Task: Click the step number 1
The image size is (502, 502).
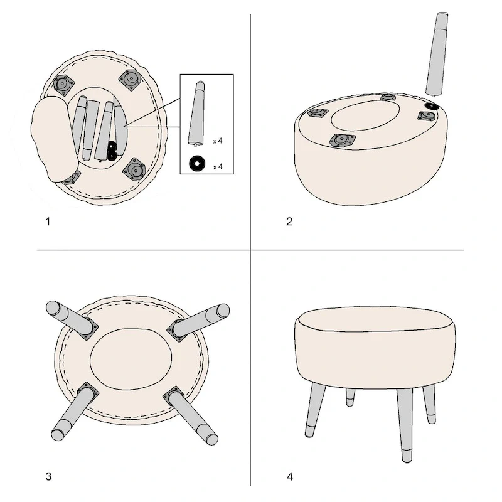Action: tap(48, 222)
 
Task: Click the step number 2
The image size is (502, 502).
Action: tap(289, 222)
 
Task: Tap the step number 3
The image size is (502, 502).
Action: tap(48, 476)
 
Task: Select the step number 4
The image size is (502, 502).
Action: tap(290, 477)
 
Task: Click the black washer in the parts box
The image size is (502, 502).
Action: tap(197, 163)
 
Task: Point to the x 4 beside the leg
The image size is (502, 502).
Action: tap(218, 141)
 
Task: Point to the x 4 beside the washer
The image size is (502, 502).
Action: tap(218, 167)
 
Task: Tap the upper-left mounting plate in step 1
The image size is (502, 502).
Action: tap(63, 84)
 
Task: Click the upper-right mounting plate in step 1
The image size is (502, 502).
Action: tap(131, 79)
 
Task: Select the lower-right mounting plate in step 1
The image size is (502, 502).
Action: tap(134, 169)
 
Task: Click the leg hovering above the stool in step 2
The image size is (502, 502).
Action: tap(437, 55)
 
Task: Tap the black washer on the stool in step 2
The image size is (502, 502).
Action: tap(432, 107)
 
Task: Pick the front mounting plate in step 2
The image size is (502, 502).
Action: tap(342, 140)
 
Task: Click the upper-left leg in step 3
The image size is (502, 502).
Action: tap(71, 319)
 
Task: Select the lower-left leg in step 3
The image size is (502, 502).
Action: tap(74, 412)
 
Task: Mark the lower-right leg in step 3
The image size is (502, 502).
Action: tap(191, 415)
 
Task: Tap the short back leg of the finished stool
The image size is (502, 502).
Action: tap(350, 397)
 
